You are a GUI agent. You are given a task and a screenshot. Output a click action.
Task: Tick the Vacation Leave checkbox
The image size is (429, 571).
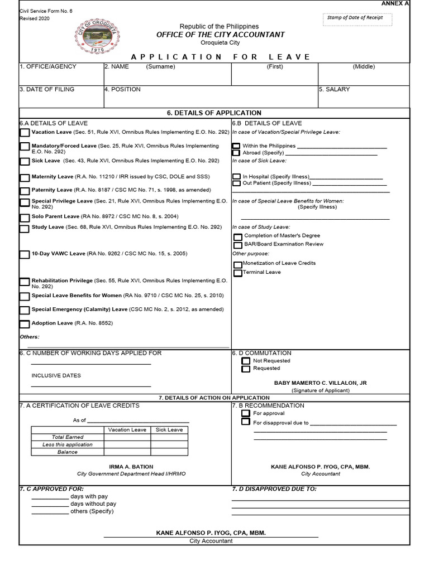coord(25,133)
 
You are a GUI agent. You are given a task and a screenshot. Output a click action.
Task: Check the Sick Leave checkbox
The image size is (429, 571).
coord(25,162)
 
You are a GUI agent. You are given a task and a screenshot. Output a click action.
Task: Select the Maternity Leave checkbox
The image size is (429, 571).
coord(25,178)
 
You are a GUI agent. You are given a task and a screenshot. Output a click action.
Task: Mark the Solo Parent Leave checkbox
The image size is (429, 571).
coord(25,217)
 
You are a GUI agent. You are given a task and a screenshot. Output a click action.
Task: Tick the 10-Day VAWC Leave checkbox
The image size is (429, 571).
coord(25,254)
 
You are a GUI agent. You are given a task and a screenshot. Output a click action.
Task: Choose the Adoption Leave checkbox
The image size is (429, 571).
coord(25,324)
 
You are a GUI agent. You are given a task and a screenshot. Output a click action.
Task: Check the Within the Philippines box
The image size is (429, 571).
coord(236,146)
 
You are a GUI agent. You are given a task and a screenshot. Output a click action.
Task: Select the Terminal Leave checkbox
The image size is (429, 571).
coord(238,273)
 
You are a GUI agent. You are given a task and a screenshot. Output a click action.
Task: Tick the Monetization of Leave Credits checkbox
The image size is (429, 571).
coord(238,264)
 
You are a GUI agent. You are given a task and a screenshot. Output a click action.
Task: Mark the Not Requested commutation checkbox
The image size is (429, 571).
coord(246,361)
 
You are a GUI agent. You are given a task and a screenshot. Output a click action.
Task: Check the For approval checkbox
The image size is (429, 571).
coord(246,414)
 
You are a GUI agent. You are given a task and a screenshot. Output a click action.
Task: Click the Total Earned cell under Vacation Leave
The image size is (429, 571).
coord(127,437)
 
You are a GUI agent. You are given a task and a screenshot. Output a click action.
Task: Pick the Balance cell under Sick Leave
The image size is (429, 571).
coord(169,452)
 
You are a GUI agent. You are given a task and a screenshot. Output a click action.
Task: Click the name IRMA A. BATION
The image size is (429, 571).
coord(131,467)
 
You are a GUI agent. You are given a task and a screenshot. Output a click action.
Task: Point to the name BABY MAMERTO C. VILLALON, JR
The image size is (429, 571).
coord(320,383)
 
